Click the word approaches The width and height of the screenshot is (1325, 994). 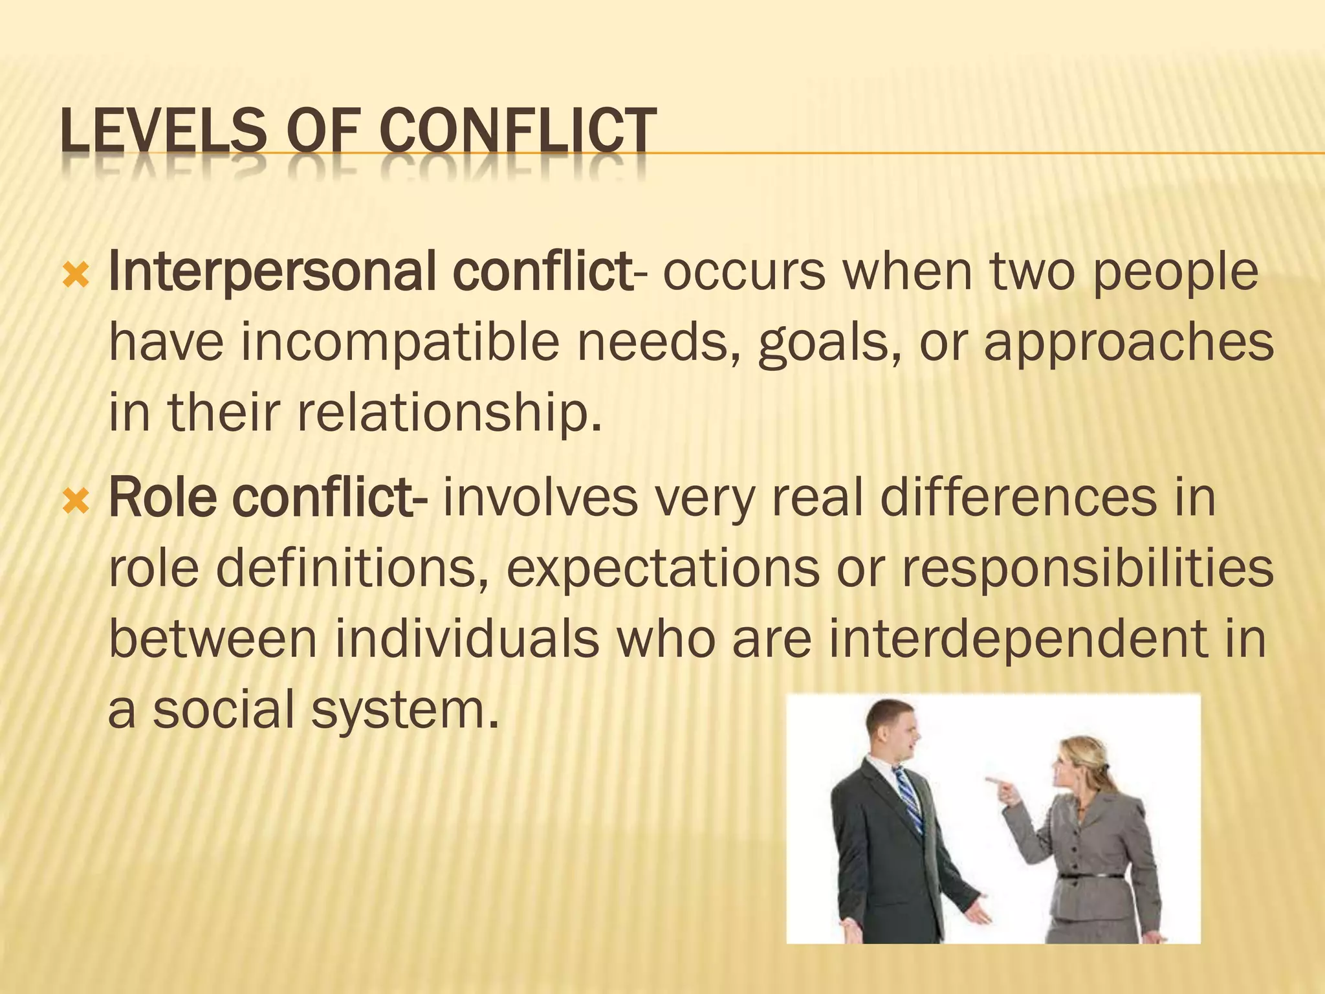coord(1128,344)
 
